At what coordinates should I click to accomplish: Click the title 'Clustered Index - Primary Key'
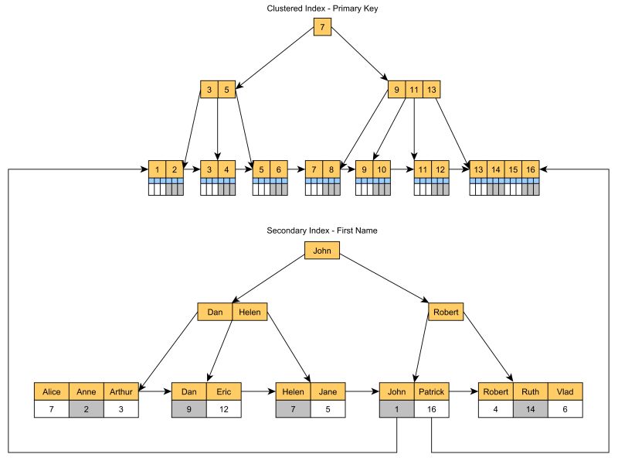click(322, 9)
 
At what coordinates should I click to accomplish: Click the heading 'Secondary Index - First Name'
click(322, 230)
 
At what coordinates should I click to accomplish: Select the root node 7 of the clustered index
click(322, 29)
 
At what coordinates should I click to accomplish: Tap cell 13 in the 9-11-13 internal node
click(432, 89)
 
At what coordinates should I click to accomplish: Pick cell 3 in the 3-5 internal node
click(209, 89)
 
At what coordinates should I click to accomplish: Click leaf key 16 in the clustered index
click(530, 169)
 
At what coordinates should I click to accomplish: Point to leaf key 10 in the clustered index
click(382, 169)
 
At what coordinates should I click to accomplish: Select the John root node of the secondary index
click(322, 251)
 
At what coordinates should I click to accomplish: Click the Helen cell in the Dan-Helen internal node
click(250, 312)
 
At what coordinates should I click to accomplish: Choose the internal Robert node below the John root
click(446, 312)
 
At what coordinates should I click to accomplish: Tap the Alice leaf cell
click(52, 391)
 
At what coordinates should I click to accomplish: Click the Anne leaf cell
click(87, 391)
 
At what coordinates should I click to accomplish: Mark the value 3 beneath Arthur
click(121, 408)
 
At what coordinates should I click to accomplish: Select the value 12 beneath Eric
click(223, 408)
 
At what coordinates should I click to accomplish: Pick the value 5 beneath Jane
click(328, 408)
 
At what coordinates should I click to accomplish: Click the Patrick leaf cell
click(431, 391)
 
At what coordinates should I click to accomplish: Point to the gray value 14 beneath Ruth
click(531, 408)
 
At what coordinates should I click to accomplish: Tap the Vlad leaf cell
click(565, 391)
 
